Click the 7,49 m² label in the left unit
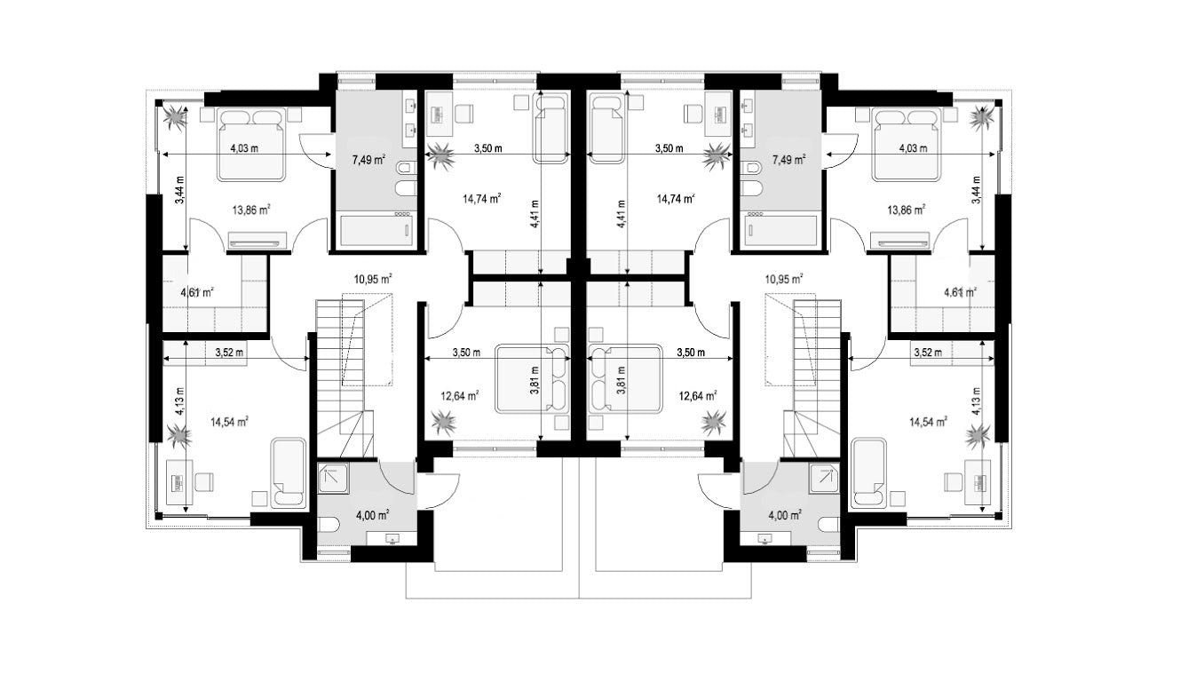pos(369,159)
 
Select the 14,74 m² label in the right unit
pos(676,199)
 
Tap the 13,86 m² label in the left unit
pos(251,210)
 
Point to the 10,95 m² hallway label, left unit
pos(373,279)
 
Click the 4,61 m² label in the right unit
pos(960,292)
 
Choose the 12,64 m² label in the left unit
pos(459,396)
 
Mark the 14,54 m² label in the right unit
pos(929,423)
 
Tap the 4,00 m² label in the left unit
pos(373,515)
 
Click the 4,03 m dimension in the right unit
pos(913,148)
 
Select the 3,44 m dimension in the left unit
pos(180,190)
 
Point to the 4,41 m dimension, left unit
pos(535,214)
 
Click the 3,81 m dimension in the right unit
pos(621,380)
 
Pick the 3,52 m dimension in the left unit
pos(229,353)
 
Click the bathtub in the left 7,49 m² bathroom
pos(377,231)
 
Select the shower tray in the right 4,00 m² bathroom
pos(823,478)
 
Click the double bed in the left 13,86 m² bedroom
pos(250,145)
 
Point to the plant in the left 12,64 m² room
pos(445,422)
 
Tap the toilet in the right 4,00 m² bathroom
pos(828,525)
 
